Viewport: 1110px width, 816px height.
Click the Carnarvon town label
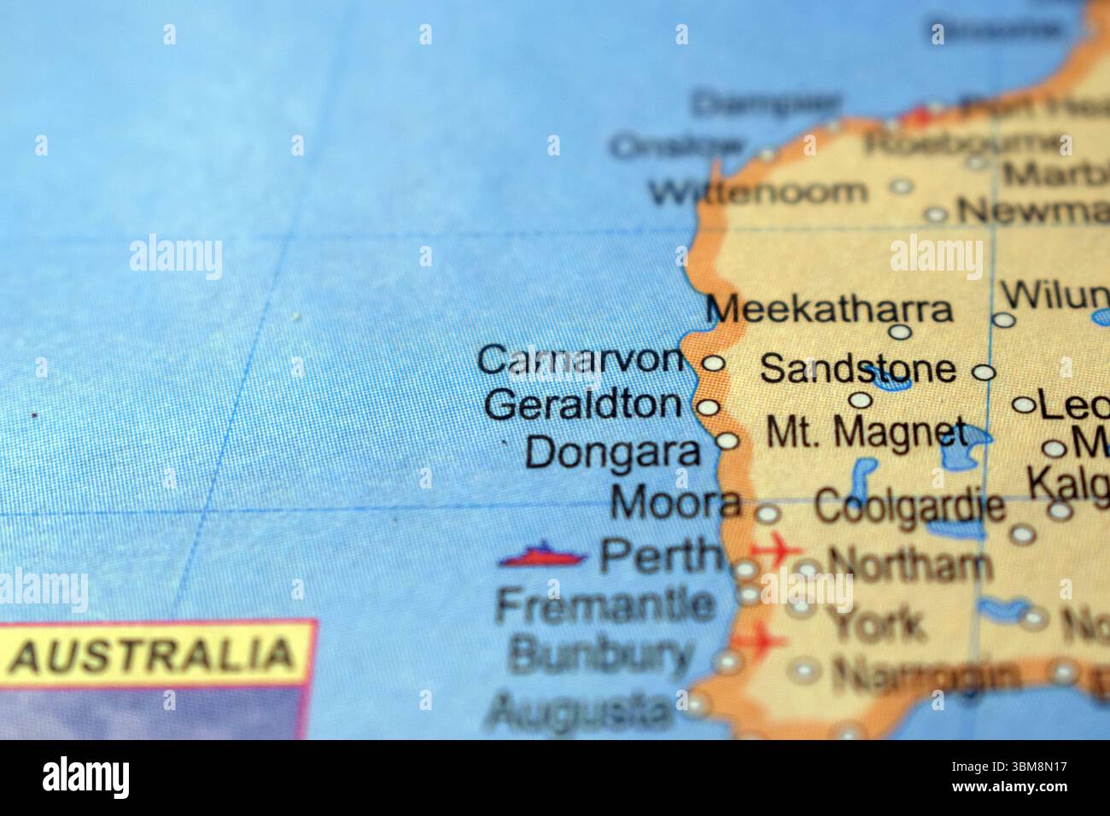coord(581,360)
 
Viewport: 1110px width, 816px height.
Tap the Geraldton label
coord(583,405)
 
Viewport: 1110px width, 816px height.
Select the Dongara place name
coord(612,452)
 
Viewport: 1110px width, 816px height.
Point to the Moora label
coord(675,504)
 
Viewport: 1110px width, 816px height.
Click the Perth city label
coord(659,557)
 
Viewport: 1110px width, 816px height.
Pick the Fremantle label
coord(605,605)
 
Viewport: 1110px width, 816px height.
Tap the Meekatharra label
coord(829,309)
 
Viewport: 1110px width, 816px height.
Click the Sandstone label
coord(857,369)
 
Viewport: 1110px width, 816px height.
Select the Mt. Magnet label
coord(866,433)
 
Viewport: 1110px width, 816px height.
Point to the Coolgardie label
coord(908,507)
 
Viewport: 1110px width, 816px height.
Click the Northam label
coord(909,564)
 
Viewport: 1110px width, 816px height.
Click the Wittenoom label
coord(757,191)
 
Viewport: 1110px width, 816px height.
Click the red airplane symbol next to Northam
coord(775,551)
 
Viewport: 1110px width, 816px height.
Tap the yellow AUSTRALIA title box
coord(154,655)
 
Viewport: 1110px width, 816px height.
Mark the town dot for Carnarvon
coord(713,364)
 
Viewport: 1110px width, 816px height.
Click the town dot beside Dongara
coord(727,441)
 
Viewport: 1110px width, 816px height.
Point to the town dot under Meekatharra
coord(901,331)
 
